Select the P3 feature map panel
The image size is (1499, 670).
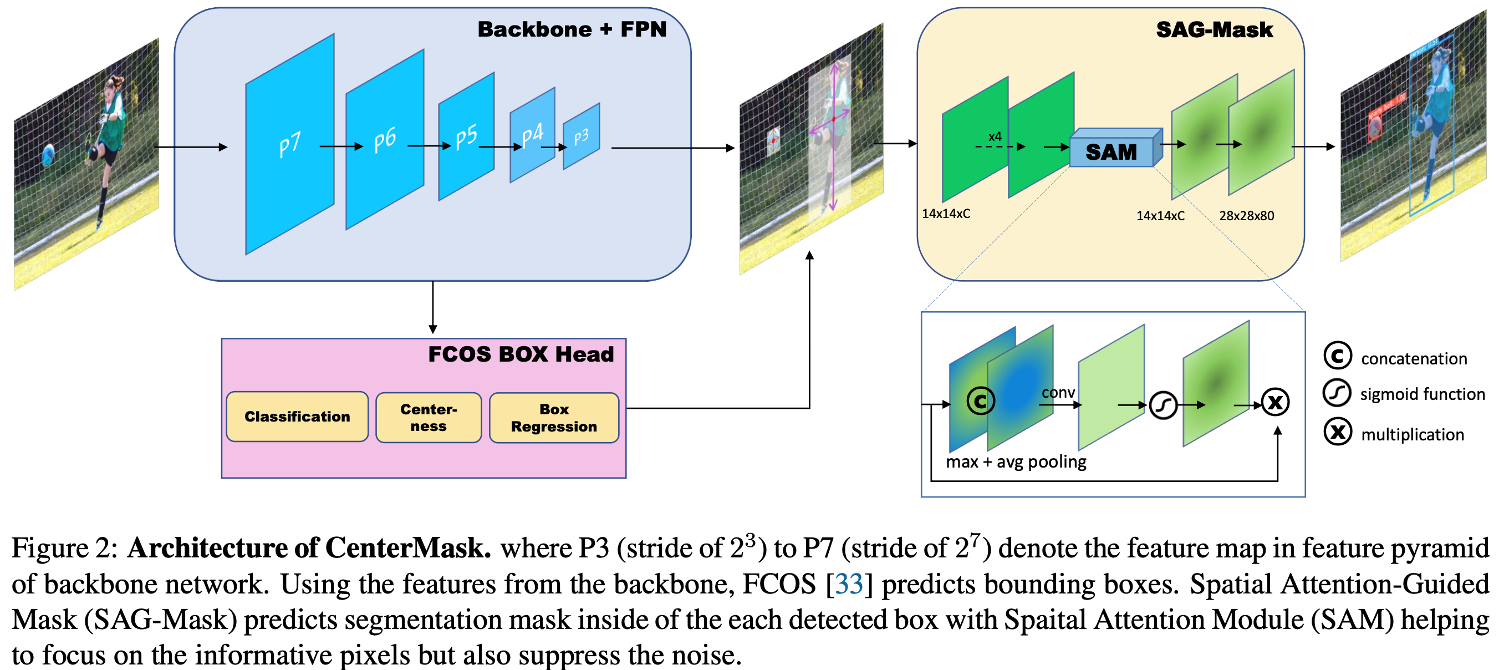[581, 137]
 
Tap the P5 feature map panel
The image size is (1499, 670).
[466, 137]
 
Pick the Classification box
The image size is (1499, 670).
[297, 417]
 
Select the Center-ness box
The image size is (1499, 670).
[429, 418]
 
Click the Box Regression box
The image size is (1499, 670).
[553, 418]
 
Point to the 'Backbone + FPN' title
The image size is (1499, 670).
[572, 29]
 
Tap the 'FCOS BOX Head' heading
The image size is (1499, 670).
[521, 354]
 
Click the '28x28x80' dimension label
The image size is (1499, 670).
[1246, 216]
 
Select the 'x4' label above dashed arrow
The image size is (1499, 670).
[995, 137]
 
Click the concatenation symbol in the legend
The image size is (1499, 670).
[1337, 356]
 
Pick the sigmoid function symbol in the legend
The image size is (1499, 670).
[1337, 393]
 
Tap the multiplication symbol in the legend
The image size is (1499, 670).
[1337, 432]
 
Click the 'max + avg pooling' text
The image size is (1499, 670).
[1016, 461]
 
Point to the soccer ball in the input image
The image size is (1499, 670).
[49, 155]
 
